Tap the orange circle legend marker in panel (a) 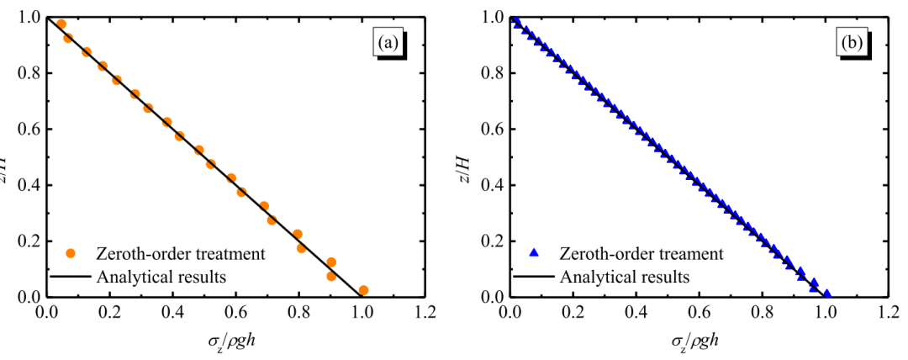tap(71, 252)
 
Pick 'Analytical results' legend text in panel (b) tap(625, 275)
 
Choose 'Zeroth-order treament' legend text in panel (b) tap(641, 252)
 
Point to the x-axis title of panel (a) tap(236, 343)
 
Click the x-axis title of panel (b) tap(694, 343)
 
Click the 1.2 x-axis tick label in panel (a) tap(425, 314)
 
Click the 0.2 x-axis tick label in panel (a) tap(110, 314)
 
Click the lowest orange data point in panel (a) tap(363, 290)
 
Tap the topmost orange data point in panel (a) tap(61, 24)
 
